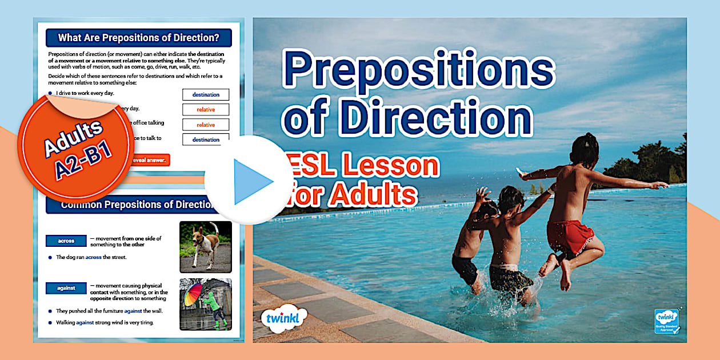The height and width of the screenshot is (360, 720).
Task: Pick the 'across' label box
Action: click(x=66, y=241)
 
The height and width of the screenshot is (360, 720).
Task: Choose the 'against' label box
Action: click(x=66, y=288)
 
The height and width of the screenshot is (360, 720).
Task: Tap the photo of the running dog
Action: click(x=206, y=247)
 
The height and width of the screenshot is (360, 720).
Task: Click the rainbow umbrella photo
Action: click(x=206, y=305)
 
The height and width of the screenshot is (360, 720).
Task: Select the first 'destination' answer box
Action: click(x=206, y=95)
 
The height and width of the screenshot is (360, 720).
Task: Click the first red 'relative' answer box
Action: click(x=206, y=110)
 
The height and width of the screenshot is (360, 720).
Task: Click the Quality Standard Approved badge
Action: click(x=666, y=321)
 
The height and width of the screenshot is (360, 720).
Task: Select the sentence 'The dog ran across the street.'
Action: click(x=91, y=257)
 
